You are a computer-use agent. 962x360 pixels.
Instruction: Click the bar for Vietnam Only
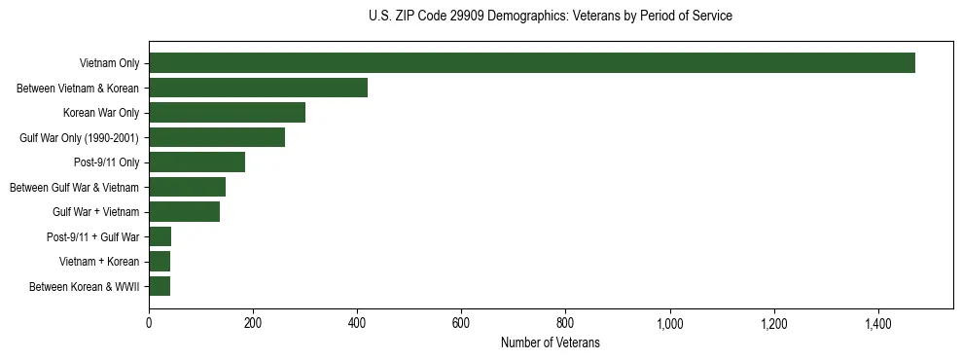tap(532, 63)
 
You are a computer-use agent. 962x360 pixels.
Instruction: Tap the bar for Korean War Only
tap(228, 113)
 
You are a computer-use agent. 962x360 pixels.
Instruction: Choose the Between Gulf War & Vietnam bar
tap(188, 187)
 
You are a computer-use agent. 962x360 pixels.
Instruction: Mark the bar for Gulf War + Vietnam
tap(185, 212)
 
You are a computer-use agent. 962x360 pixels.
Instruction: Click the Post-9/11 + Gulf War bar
tap(160, 236)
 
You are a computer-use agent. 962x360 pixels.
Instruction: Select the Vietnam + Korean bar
tap(160, 262)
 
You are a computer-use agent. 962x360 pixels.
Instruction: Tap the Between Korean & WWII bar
tap(160, 286)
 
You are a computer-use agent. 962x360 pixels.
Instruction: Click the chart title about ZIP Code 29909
tap(551, 17)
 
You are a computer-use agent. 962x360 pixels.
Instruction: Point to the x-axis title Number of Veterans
tap(551, 343)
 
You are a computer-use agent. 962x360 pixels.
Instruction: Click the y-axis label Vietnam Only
tap(109, 63)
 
